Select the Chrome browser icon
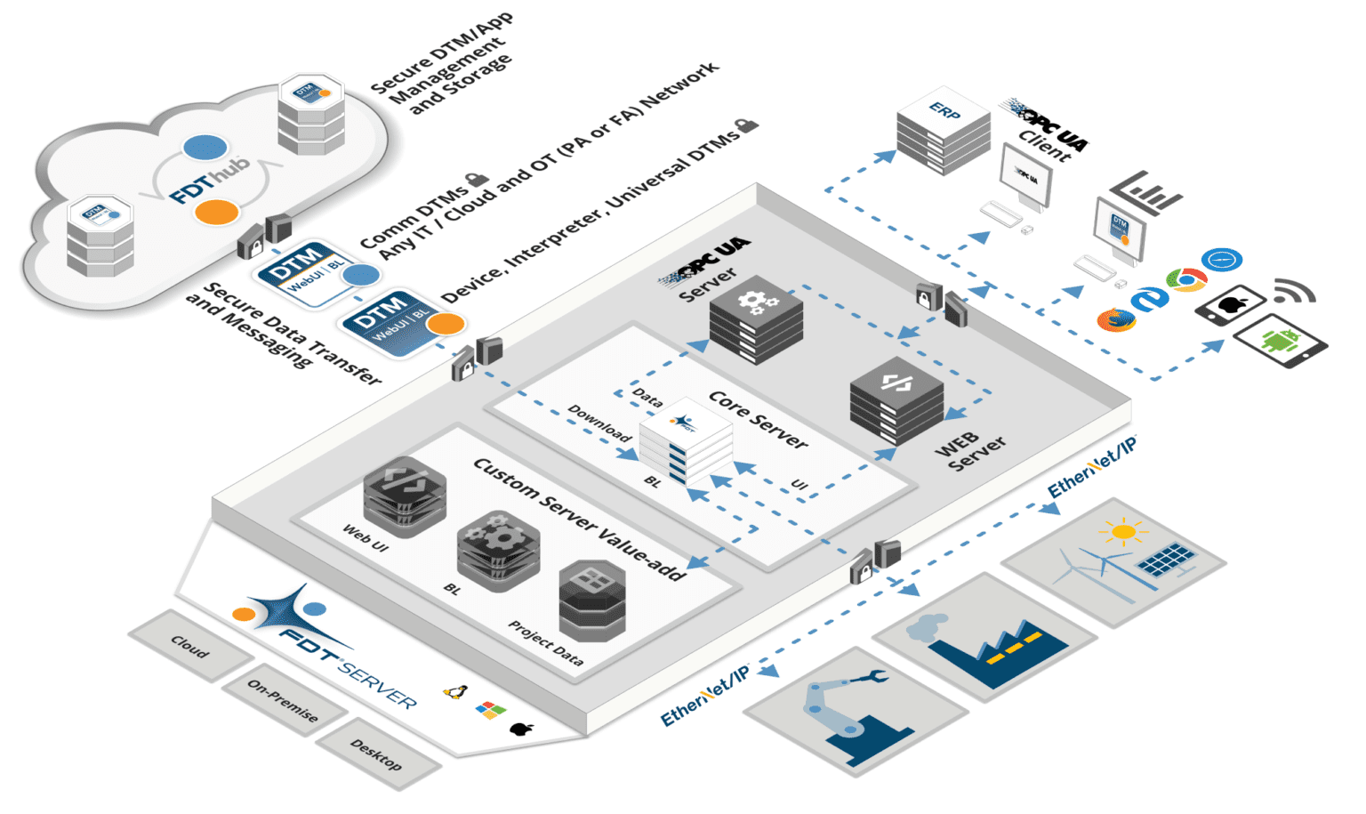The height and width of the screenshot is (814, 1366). click(x=1186, y=280)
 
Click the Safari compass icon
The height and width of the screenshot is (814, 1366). click(x=1221, y=260)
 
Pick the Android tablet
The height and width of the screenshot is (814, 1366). click(x=1281, y=342)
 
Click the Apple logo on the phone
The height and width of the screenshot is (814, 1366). click(x=1231, y=305)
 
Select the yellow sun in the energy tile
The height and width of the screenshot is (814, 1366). click(x=1123, y=533)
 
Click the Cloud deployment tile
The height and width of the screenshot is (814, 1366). click(x=189, y=647)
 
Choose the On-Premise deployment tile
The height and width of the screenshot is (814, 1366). click(x=283, y=700)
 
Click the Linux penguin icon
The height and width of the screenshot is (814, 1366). click(x=456, y=691)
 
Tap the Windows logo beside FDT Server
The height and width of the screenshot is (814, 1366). click(x=490, y=710)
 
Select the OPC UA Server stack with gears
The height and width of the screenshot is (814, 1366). click(x=756, y=318)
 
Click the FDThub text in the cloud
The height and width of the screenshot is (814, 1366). click(x=210, y=179)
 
